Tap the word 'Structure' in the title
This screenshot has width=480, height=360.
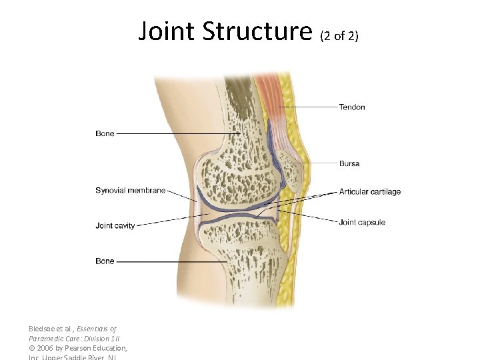pos(257,31)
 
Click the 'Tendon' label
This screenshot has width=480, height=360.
pos(352,107)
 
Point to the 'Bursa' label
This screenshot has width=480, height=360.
pos(350,163)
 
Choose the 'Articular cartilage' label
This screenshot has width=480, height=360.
pos(370,192)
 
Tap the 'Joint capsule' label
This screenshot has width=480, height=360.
pos(362,223)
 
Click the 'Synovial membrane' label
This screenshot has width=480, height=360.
pos(130,191)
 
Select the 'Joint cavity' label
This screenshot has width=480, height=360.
pos(115,226)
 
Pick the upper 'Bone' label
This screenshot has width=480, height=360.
pos(105,134)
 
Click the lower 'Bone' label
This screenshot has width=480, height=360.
pos(105,261)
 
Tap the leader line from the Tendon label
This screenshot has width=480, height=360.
pos(307,107)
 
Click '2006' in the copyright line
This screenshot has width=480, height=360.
pos(47,348)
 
